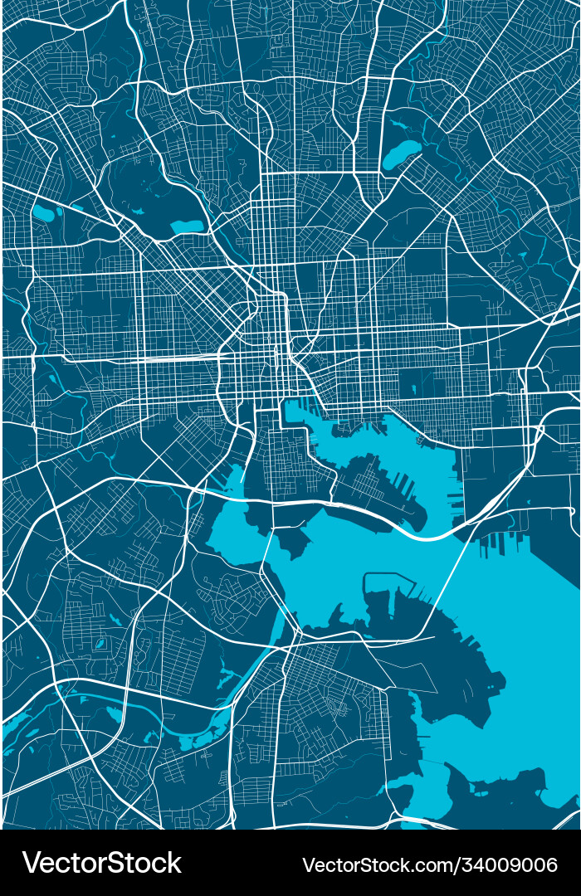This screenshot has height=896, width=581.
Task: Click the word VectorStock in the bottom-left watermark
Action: (101, 863)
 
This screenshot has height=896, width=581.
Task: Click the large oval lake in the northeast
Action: (402, 153)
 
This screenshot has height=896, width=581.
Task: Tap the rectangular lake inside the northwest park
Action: (187, 225)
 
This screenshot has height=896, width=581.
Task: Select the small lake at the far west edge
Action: (41, 213)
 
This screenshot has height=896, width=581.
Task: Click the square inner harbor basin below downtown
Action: (295, 411)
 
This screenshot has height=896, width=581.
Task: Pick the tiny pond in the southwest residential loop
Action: (99, 644)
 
